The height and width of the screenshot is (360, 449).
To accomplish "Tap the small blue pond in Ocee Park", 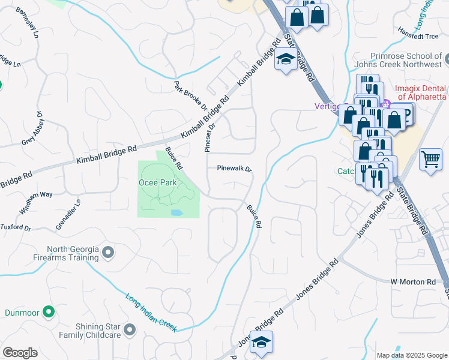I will point(176,213).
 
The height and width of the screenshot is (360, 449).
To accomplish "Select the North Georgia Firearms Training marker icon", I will point(108,253).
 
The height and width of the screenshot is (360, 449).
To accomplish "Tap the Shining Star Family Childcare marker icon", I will point(130,329).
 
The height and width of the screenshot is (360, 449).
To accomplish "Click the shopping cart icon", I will point(430,160).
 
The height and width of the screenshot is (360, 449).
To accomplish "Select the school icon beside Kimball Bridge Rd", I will point(285,59).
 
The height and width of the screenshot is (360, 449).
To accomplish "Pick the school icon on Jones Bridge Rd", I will point(261,341).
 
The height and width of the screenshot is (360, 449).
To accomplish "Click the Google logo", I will point(20,353).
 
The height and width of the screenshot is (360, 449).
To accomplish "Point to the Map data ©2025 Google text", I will point(411,355).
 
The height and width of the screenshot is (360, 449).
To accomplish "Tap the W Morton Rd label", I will point(412,281).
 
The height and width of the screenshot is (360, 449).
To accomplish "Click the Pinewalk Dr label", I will point(234,169).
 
